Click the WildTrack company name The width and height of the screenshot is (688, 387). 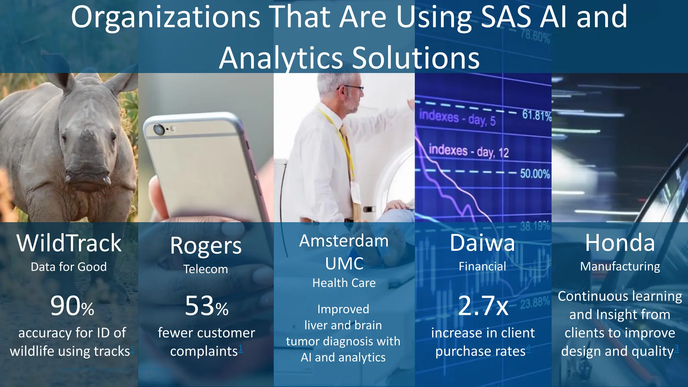click(x=69, y=243)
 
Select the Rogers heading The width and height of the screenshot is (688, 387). click(x=206, y=246)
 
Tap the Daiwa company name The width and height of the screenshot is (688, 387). click(x=482, y=243)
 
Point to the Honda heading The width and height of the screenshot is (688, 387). click(x=620, y=243)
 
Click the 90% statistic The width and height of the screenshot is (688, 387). click(x=72, y=306)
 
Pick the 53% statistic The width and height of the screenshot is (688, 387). click(x=207, y=306)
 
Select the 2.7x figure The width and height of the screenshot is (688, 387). click(x=483, y=306)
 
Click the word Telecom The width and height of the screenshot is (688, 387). click(x=206, y=269)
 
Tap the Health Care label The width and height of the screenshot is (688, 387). click(x=344, y=283)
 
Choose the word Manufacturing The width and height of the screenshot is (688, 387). click(x=620, y=266)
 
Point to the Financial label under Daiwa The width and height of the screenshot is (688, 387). click(x=482, y=266)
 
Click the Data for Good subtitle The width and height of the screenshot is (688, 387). click(x=69, y=267)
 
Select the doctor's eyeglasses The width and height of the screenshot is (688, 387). click(x=353, y=88)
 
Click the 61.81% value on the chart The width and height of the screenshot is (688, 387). click(x=536, y=116)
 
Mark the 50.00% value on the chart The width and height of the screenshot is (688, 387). click(x=535, y=174)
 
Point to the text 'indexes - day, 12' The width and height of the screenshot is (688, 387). click(x=469, y=151)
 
